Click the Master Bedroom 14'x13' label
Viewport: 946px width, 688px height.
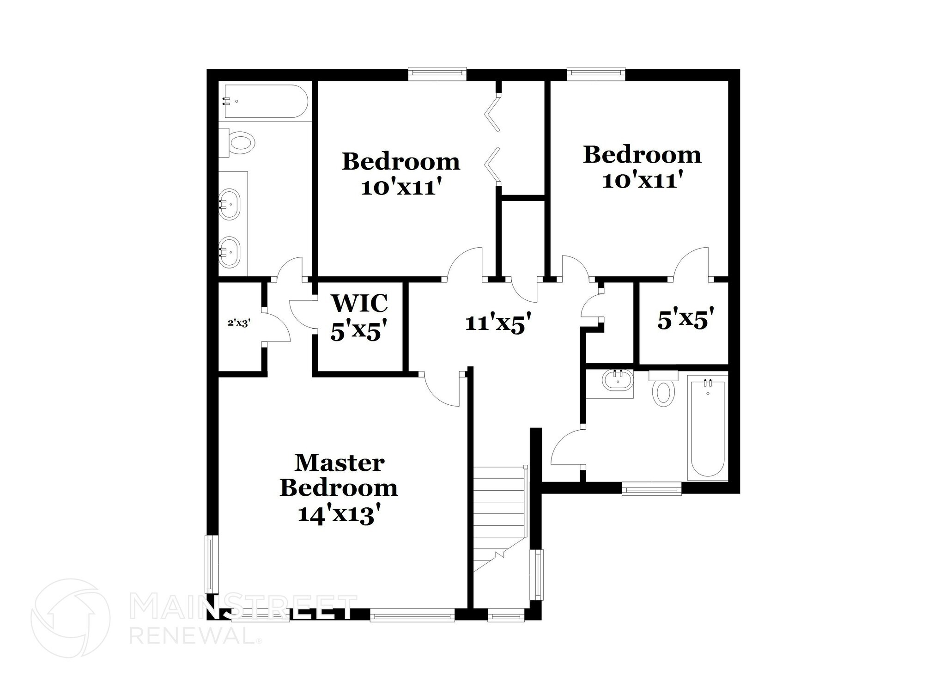(x=339, y=488)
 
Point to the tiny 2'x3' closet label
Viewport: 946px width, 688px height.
(x=239, y=323)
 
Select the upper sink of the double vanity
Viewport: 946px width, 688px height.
(x=230, y=204)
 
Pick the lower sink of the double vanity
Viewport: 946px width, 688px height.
(x=230, y=252)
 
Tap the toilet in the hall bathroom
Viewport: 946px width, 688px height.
(x=663, y=392)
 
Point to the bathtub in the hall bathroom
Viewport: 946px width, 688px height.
(x=707, y=426)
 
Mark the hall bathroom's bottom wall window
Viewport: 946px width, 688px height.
(x=651, y=488)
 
